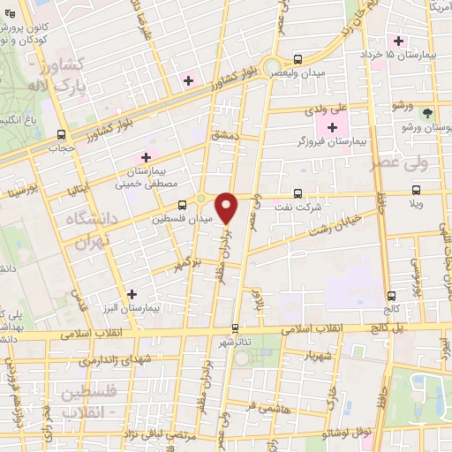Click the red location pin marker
[x=227, y=207]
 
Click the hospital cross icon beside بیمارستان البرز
[x=132, y=294]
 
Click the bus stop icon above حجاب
[x=61, y=135]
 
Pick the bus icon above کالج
[x=391, y=297]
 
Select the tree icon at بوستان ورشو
[x=427, y=113]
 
